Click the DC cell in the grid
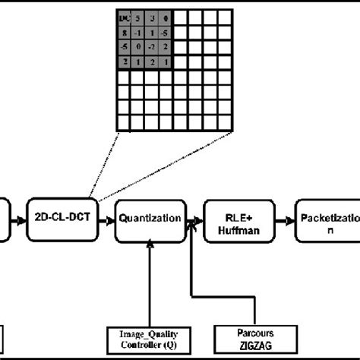[124, 17]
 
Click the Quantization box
[150, 219]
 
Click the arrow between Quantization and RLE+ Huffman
[194, 219]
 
